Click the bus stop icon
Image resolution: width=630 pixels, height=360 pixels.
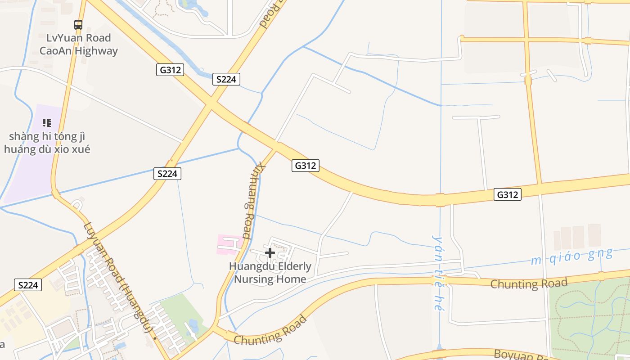pyautogui.click(x=78, y=25)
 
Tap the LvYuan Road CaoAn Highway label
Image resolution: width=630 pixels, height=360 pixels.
pyautogui.click(x=78, y=44)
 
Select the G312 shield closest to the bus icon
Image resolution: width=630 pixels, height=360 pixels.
pyautogui.click(x=170, y=70)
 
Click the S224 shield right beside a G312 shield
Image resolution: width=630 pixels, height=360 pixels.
pyautogui.click(x=226, y=79)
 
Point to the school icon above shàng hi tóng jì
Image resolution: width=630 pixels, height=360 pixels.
pyautogui.click(x=47, y=122)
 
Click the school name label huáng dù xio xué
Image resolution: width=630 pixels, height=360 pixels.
pyautogui.click(x=47, y=149)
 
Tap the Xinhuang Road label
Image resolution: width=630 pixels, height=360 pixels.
pyautogui.click(x=253, y=200)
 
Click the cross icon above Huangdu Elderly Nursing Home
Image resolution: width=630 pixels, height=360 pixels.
pyautogui.click(x=270, y=253)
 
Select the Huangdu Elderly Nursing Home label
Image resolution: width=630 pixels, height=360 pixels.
pyautogui.click(x=270, y=273)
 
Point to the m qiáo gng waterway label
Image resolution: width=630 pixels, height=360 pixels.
pyautogui.click(x=571, y=256)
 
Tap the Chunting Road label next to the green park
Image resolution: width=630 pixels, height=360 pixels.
pyautogui.click(x=528, y=283)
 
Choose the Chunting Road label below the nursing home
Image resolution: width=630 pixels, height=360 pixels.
pyautogui.click(x=270, y=331)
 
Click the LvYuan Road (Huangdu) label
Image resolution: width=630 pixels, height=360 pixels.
pyautogui.click(x=117, y=279)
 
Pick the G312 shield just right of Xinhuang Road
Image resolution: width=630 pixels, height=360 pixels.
pyautogui.click(x=305, y=166)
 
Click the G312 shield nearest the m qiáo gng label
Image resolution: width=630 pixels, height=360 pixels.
pyautogui.click(x=508, y=194)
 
